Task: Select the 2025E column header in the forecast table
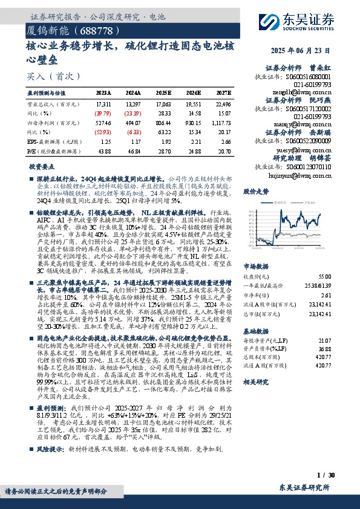[x=164, y=93]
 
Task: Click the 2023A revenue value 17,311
[x=103, y=104]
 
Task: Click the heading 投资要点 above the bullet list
[x=41, y=166]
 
